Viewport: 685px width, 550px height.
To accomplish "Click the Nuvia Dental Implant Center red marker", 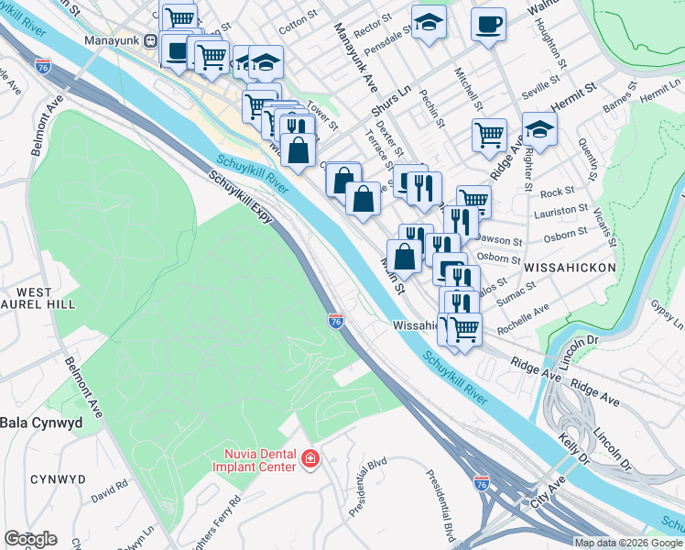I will click(x=310, y=457).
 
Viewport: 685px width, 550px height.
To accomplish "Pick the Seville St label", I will click(x=539, y=84).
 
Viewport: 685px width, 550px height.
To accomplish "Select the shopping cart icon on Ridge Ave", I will click(x=490, y=135).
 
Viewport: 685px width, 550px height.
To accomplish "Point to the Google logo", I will click(x=30, y=539).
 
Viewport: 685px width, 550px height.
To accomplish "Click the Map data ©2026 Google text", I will click(x=628, y=543).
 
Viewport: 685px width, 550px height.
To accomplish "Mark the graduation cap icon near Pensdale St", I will click(x=428, y=23).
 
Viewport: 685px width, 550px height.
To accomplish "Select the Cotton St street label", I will click(x=299, y=25).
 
